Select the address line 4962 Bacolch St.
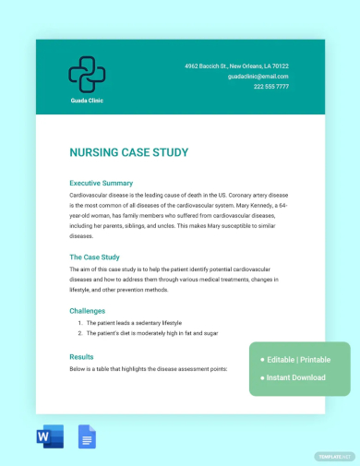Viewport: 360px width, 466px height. (236, 66)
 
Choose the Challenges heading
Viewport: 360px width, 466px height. (88, 311)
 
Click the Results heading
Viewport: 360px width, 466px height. (82, 356)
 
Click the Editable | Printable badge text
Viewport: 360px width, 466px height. (300, 359)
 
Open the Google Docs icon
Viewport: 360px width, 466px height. (88, 436)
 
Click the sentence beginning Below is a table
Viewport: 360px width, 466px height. (148, 368)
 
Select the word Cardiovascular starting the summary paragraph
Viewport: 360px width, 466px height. (91, 195)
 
